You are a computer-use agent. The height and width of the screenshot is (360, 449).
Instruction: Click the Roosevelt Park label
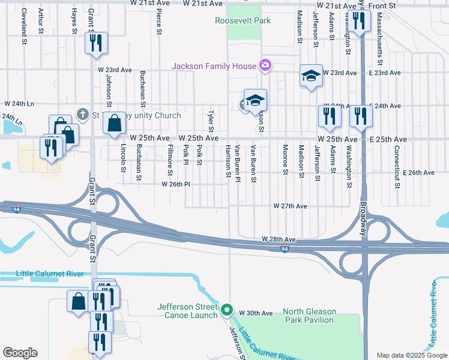click(243, 21)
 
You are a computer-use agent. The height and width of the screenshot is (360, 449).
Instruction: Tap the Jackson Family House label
click(214, 66)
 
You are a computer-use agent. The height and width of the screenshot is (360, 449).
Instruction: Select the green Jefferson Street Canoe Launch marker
click(226, 310)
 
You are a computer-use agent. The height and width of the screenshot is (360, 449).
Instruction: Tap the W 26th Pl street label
click(175, 184)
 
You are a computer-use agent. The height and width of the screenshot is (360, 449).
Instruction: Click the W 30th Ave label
click(256, 313)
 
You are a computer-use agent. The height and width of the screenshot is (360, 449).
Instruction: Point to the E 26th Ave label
click(418, 173)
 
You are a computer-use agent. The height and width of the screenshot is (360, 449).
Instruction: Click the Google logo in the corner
click(20, 353)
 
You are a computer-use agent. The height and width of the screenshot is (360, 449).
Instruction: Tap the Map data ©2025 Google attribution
click(412, 356)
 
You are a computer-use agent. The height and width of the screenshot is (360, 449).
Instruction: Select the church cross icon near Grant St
click(83, 113)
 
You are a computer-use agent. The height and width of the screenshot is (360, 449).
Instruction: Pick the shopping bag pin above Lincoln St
click(114, 123)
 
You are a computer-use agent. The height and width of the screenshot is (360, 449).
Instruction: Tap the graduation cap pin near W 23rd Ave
click(311, 76)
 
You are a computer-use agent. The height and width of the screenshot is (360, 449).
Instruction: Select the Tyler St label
click(211, 122)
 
